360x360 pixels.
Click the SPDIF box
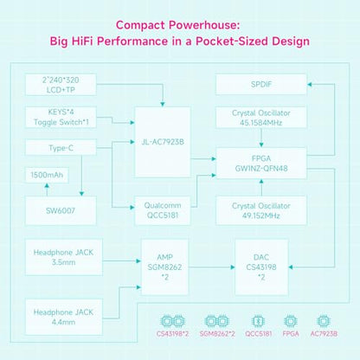coord(261,84)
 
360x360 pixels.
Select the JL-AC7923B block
coord(163,142)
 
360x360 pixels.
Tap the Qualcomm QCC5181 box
coord(163,210)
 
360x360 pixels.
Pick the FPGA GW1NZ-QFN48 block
coord(261,163)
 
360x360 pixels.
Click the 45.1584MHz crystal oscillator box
coord(261,118)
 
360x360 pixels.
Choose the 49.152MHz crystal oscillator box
coord(261,210)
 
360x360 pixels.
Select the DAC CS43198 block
coord(261,267)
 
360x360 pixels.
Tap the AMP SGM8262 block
coord(164,267)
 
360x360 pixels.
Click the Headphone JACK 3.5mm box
coord(64,257)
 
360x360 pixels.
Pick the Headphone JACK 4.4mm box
coord(64,317)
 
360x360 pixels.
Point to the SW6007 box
coord(61,210)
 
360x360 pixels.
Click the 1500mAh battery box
coord(47,175)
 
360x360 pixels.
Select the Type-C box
coord(61,148)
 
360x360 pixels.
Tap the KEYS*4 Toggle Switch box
coord(61,117)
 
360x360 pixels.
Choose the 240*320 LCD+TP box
coord(61,85)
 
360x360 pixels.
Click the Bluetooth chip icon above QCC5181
coord(258,321)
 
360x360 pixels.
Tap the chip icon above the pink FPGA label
coord(291,321)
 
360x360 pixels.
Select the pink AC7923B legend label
coord(324,334)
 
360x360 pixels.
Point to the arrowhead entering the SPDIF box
coord(310,84)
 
